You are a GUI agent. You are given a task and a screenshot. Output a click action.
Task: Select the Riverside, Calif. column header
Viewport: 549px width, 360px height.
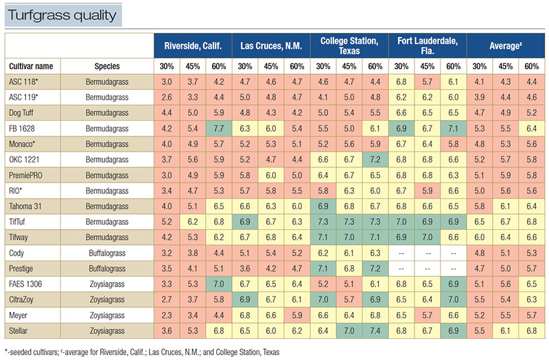pos(193,47)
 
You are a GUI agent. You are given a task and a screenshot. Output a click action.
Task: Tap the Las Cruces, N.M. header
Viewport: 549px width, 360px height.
pos(271,47)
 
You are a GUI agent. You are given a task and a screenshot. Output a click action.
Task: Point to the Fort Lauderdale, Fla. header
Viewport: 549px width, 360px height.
pos(427,47)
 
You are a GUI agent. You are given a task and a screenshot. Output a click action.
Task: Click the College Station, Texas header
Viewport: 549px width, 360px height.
pos(349,47)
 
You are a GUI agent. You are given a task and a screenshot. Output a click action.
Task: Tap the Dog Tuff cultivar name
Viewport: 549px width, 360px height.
pos(27,112)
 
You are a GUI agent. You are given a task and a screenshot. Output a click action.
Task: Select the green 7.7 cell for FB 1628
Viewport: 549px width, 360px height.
pos(220,128)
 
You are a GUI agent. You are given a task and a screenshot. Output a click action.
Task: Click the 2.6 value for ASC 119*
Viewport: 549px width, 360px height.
pos(167,97)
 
